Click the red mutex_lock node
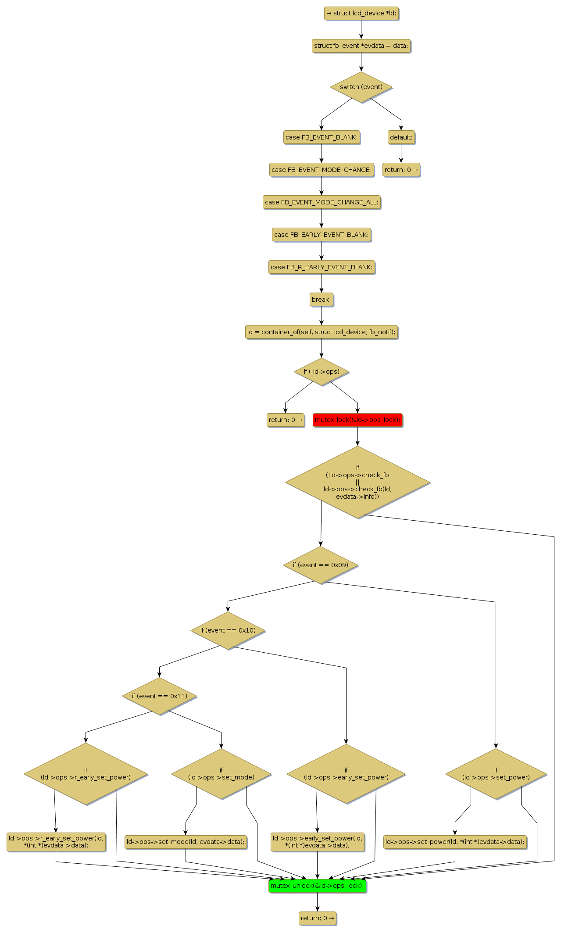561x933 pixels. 357,420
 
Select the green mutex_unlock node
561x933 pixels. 317,885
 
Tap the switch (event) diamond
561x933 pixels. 361,87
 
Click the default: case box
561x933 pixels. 401,137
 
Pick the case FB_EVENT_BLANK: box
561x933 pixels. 322,137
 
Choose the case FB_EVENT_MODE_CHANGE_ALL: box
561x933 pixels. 322,202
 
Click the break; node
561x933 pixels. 322,300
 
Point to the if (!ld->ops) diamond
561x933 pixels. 322,372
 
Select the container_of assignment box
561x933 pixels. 322,332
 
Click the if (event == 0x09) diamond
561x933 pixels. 321,565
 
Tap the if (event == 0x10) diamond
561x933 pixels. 228,630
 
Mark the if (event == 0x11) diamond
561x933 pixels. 160,696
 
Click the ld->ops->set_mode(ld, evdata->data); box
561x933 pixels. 186,842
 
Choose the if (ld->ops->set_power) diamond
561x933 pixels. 496,774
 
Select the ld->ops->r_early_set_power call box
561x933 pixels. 56,842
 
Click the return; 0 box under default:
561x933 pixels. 401,170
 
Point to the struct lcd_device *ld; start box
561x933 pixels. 361,13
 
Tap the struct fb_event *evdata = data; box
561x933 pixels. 361,46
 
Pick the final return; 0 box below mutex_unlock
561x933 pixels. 317,918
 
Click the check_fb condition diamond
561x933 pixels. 357,482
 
